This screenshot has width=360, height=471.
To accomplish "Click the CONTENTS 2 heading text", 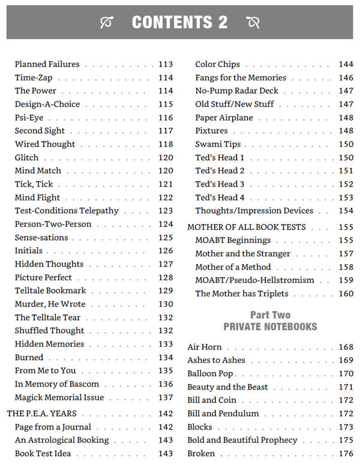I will pos(179,23).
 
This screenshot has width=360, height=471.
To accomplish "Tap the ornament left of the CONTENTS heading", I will pos(107,23).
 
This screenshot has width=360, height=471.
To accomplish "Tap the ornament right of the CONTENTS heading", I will pos(253,23).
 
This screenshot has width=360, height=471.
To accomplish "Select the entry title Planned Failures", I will pos(47,64).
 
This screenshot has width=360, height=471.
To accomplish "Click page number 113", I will pos(166,64).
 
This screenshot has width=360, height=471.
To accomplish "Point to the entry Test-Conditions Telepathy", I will pos(67,211).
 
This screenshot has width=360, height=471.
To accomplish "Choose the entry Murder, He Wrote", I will pos(50,304).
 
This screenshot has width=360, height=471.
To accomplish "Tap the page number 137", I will pos(166,397).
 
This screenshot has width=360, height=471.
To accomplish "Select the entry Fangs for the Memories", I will pos(241,77).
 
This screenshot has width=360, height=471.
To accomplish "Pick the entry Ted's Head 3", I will pos(220,184).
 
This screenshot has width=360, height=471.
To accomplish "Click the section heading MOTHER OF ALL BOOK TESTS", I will pos(247,227).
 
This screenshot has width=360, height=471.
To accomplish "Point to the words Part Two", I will pos(270,315).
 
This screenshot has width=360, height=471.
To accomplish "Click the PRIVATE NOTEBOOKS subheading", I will pos(270,327).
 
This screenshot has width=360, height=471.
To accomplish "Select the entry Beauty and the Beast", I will pos(227,387).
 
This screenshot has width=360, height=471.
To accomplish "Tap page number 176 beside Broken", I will pos(346,454).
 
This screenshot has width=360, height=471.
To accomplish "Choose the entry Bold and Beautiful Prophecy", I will pos(242,440).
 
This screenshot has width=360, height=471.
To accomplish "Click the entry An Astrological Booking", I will pos(62,440).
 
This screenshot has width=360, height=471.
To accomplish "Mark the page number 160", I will pos(346,293).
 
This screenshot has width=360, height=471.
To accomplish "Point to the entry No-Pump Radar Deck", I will pos(237,91).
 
